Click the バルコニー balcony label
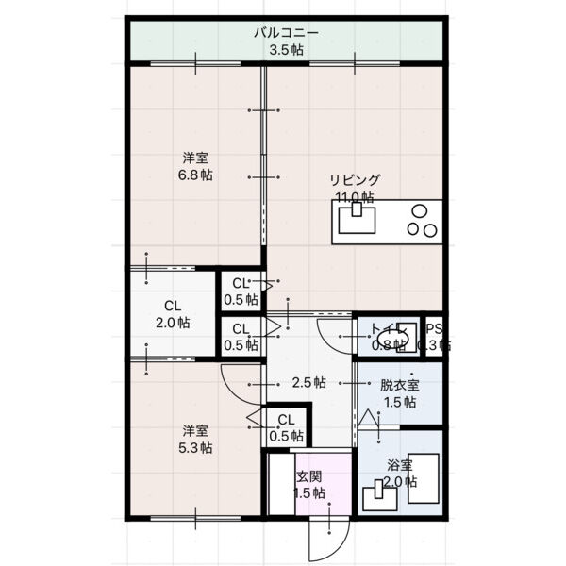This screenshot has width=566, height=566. coord(285,33)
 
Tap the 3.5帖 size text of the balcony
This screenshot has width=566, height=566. coord(285,50)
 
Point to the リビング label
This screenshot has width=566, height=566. coord(355,180)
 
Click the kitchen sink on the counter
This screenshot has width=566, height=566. coord(356,221)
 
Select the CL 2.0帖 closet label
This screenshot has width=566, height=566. coord(172,314)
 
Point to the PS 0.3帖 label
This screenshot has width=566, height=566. coord(434,337)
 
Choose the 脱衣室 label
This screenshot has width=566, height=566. coord(399,385)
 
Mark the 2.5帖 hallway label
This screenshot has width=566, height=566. coord(308,383)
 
